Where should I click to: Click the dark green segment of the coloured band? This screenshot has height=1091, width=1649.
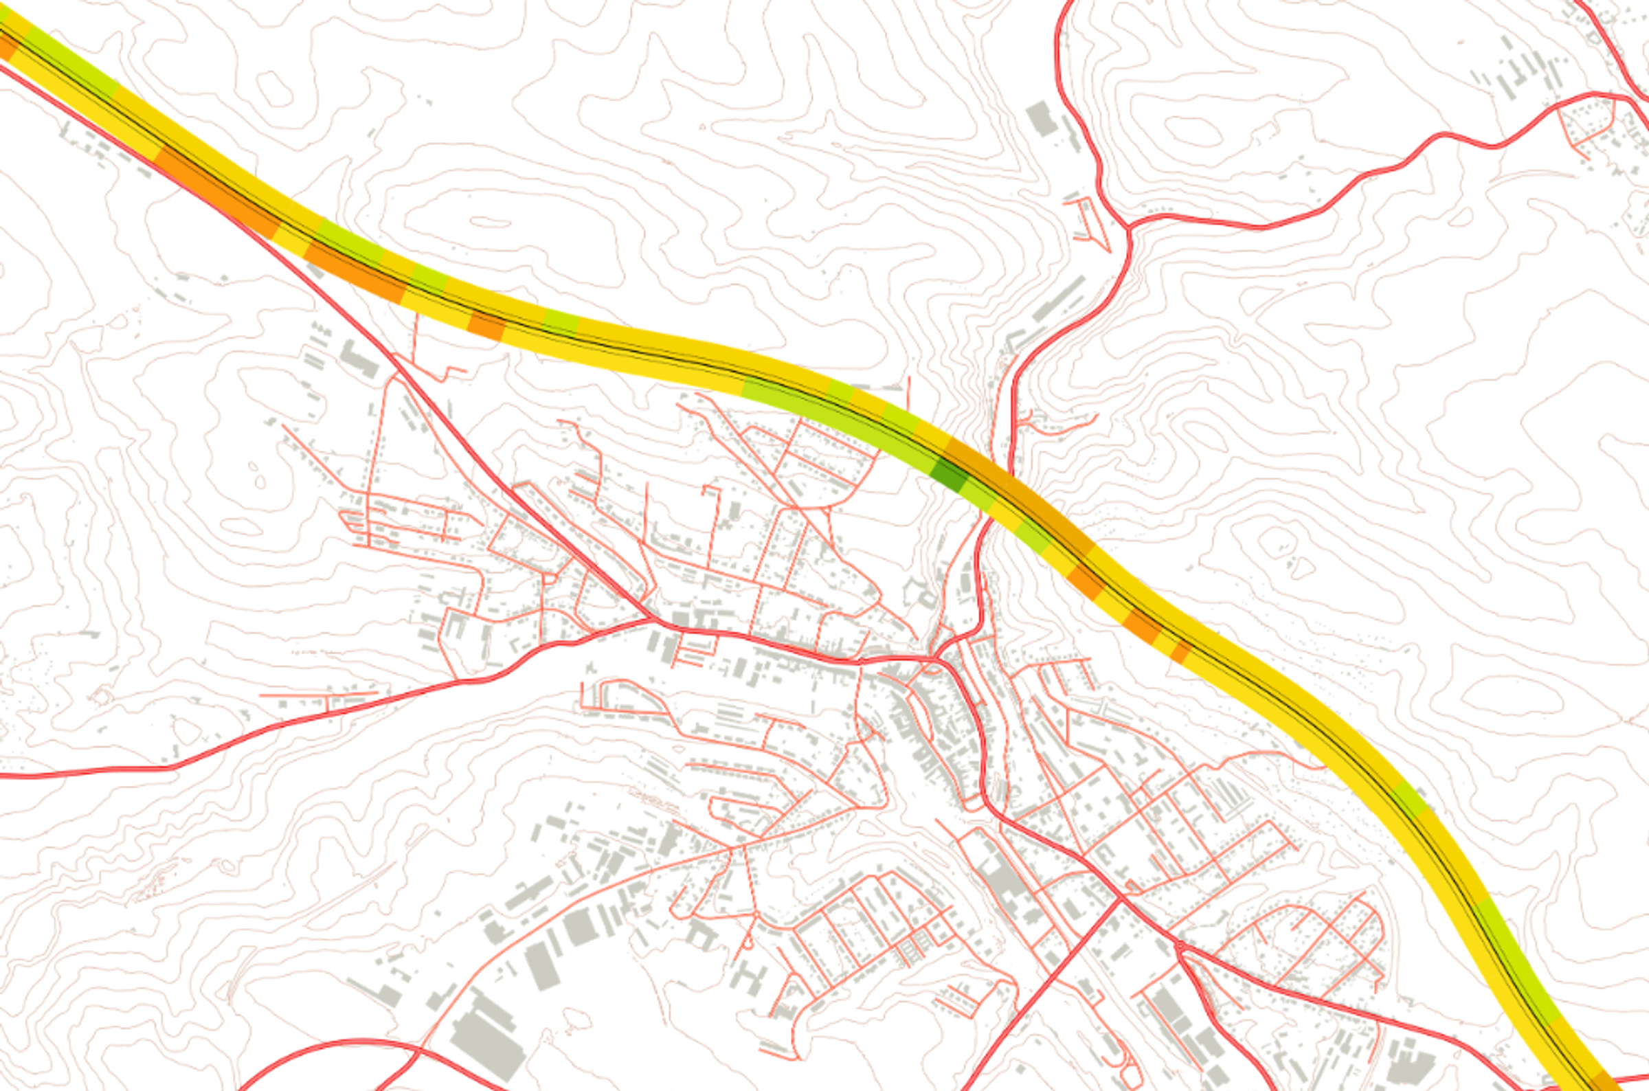pyautogui.click(x=950, y=475)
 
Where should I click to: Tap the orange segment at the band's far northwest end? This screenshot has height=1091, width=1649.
pyautogui.click(x=7, y=47)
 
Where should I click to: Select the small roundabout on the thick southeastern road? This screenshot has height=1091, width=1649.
pyautogui.click(x=1179, y=945)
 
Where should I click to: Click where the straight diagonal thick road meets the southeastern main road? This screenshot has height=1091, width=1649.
pyautogui.click(x=1121, y=897)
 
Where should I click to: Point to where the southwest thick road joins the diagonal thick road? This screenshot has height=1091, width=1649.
pyautogui.click(x=652, y=618)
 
